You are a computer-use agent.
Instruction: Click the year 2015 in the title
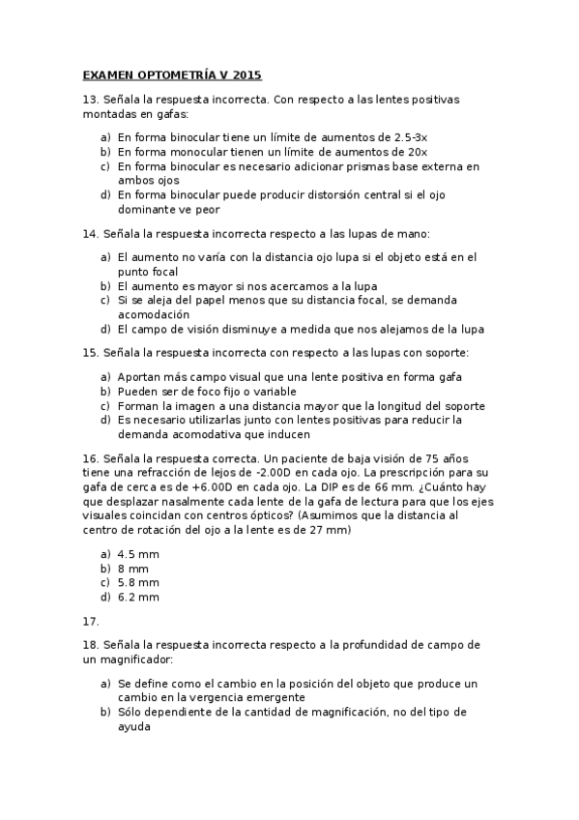point(247,74)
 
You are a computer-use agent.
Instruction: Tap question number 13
point(90,100)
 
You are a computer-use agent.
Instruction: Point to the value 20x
point(418,152)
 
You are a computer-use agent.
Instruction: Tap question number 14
point(90,233)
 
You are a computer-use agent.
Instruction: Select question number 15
point(90,352)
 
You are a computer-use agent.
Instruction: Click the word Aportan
point(140,377)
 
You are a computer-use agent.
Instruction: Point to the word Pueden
point(139,392)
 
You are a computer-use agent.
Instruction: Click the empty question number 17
point(90,621)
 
